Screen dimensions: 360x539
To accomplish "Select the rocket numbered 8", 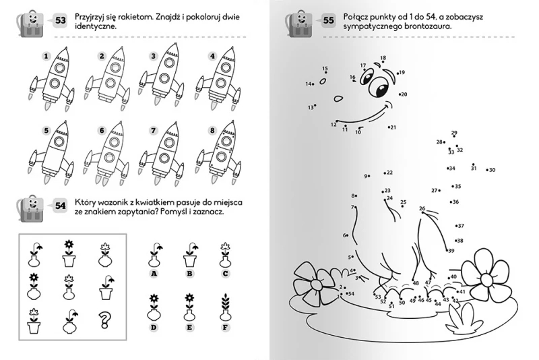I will (x=220, y=152).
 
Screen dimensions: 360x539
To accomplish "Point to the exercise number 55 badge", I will (x=329, y=20).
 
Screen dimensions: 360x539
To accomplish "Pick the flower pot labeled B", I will (x=190, y=255).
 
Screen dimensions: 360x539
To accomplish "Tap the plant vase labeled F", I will (x=226, y=309).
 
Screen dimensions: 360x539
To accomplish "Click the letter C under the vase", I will (x=226, y=274).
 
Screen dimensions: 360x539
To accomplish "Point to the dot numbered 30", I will (x=485, y=169).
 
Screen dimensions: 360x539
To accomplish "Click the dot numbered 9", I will (x=372, y=176).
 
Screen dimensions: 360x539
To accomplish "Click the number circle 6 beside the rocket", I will (x=102, y=130).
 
